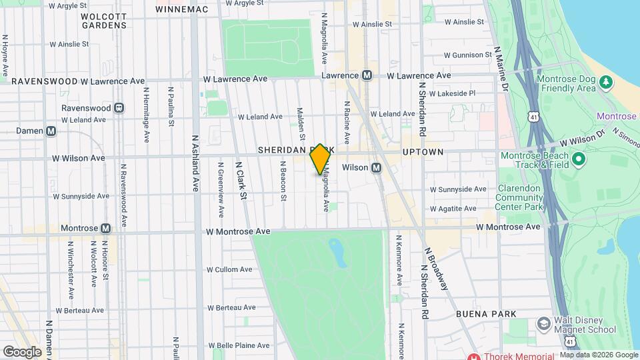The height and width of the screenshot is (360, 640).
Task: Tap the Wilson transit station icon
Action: [376, 167]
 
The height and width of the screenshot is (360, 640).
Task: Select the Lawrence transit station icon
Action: [367, 76]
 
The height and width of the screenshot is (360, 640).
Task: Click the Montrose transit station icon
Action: [105, 227]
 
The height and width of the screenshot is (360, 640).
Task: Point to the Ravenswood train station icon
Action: [119, 107]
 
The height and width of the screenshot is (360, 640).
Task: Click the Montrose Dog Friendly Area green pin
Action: [605, 82]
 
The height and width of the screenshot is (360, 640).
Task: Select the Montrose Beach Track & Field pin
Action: [578, 159]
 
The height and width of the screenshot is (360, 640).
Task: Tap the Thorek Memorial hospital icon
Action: [474, 356]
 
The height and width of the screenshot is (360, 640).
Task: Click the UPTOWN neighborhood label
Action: [423, 152]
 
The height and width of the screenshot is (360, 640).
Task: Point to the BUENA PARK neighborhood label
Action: [486, 313]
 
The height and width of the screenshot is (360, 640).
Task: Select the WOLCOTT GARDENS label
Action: [104, 20]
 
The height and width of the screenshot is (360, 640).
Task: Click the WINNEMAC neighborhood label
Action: [181, 9]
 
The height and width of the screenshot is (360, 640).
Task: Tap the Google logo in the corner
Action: [22, 351]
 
